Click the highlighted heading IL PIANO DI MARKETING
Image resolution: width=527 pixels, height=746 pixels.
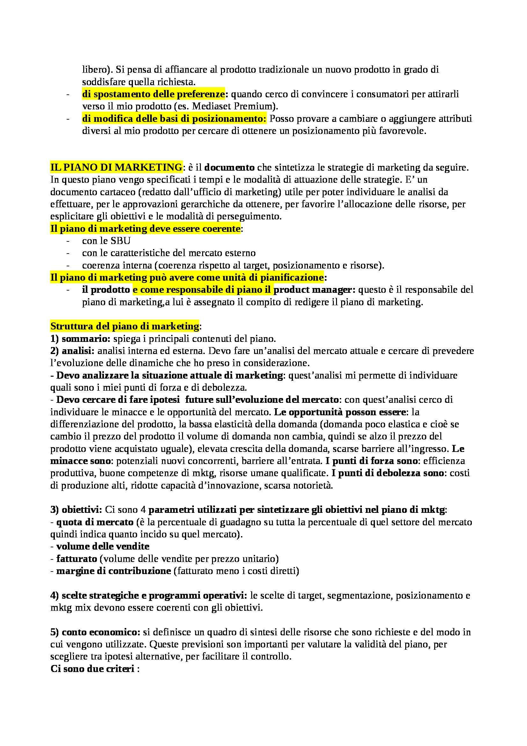point(116,167)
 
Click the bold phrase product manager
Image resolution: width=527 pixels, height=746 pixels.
point(315,290)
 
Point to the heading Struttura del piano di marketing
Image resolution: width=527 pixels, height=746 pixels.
point(125,326)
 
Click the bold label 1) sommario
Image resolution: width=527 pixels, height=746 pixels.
point(80,339)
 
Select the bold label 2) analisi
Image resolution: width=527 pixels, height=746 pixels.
point(72,351)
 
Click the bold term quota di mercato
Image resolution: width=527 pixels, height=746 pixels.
point(95,522)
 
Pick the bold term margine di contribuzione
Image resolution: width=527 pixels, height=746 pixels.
point(113,571)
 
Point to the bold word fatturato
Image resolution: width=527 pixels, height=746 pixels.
point(77,559)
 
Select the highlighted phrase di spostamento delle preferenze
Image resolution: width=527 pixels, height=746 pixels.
point(153,94)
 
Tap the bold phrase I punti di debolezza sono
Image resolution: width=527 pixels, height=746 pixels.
point(388,473)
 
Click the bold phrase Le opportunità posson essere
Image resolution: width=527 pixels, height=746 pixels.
point(340,412)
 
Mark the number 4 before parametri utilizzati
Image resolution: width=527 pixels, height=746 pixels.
point(144,510)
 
